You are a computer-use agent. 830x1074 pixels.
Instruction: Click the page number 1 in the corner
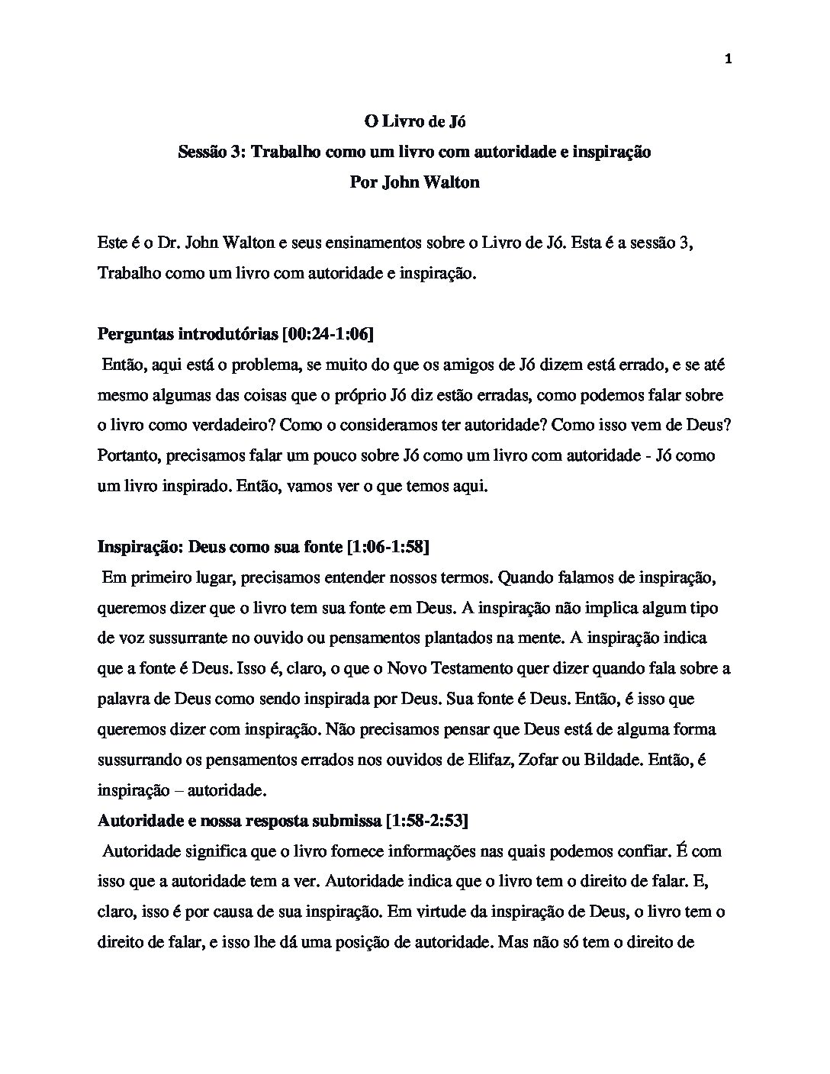click(x=728, y=59)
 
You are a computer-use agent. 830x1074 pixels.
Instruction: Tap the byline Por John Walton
click(x=414, y=183)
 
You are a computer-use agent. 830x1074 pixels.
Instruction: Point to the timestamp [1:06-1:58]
click(x=387, y=547)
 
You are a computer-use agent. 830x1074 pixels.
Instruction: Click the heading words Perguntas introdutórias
click(x=188, y=335)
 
